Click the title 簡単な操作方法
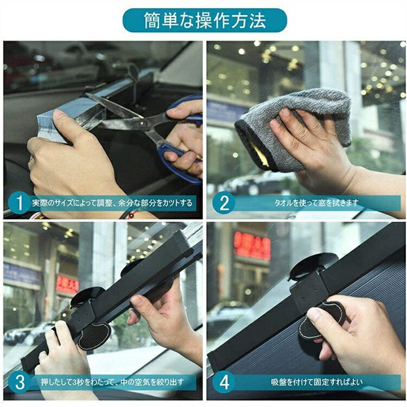click(x=205, y=20)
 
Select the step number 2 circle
click(x=224, y=203)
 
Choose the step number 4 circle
click(x=224, y=382)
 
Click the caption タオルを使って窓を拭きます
click(x=316, y=203)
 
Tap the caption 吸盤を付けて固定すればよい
click(x=317, y=382)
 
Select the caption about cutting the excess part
click(x=112, y=203)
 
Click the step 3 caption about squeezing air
click(x=112, y=382)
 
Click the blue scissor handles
click(x=182, y=140)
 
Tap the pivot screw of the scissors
click(x=142, y=124)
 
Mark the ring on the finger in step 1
click(x=30, y=162)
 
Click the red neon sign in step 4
click(x=252, y=245)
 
